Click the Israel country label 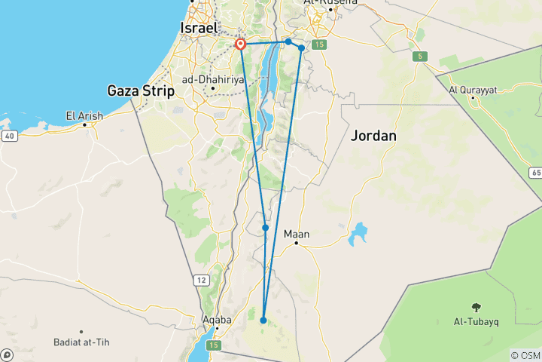(x=199, y=28)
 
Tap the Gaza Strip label (x=142, y=91)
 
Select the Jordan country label (x=373, y=136)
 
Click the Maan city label (x=297, y=234)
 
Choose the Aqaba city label (x=216, y=319)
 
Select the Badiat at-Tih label (x=81, y=342)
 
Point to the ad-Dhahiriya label (x=215, y=78)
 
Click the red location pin (x=241, y=44)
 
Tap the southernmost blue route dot (x=263, y=321)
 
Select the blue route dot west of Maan (x=266, y=228)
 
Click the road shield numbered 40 (x=8, y=136)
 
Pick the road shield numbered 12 (x=202, y=281)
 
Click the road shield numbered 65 (x=535, y=173)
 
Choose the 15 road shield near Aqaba (x=214, y=345)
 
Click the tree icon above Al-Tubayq (x=476, y=306)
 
